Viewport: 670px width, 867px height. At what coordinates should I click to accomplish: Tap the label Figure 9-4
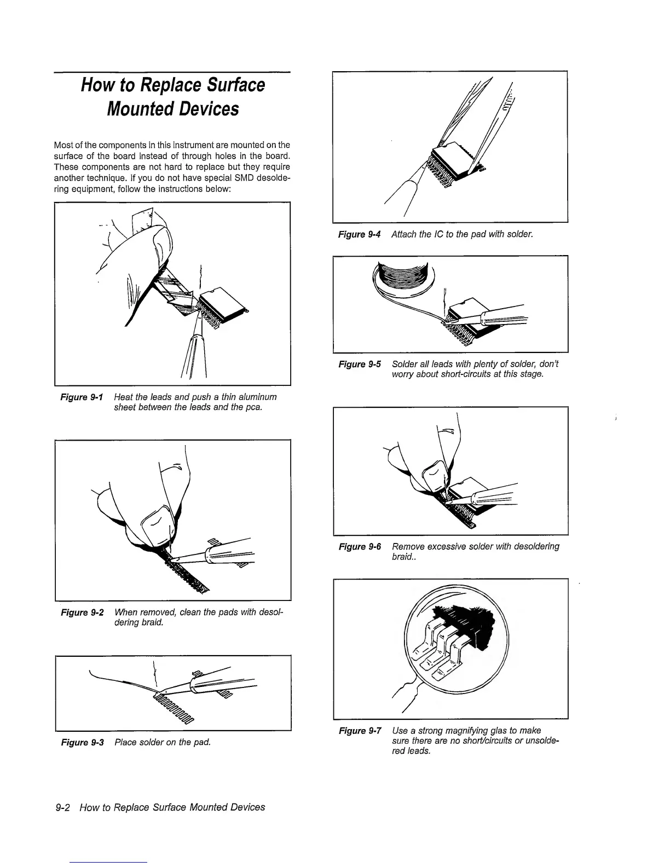coord(359,235)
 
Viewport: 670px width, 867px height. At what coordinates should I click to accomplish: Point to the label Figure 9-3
coord(82,742)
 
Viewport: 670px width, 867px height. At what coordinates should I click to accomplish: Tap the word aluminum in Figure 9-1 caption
coord(253,397)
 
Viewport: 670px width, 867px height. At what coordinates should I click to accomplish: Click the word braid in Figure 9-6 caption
coord(403,557)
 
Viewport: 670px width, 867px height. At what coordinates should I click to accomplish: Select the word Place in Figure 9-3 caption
coord(125,742)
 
